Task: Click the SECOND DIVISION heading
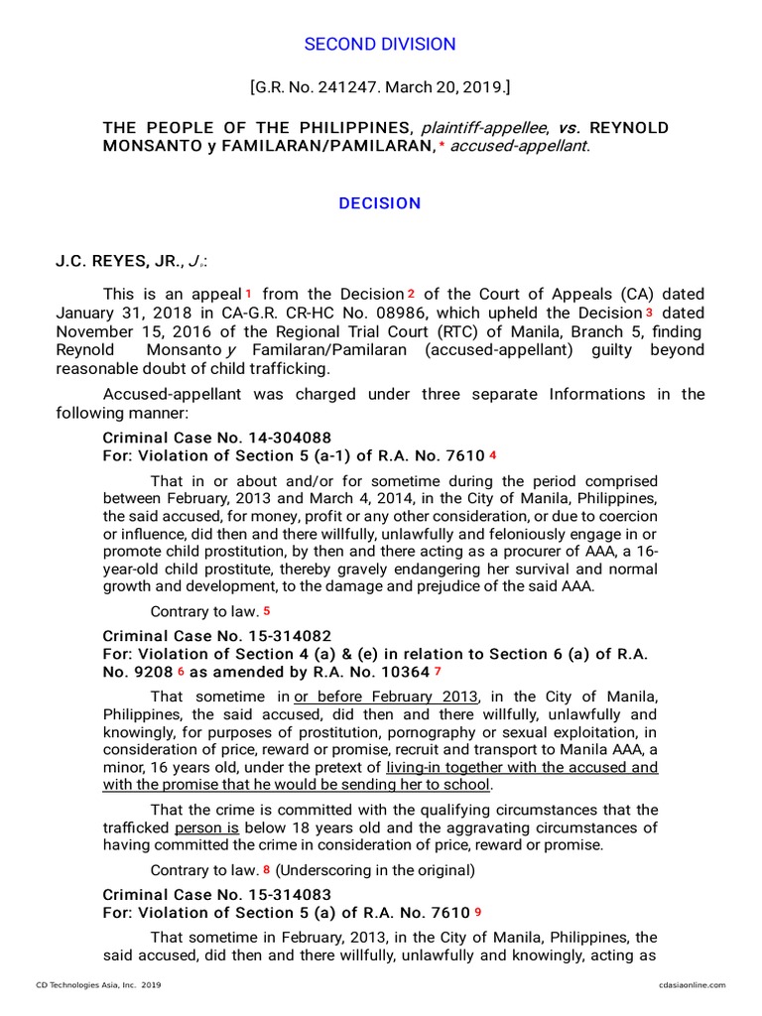(x=380, y=44)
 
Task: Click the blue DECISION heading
(x=380, y=203)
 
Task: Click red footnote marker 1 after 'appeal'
(x=248, y=295)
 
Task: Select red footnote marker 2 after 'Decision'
(x=410, y=295)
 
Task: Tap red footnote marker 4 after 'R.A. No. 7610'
(x=492, y=455)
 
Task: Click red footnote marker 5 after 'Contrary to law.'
(x=266, y=611)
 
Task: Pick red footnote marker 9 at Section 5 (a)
(x=478, y=913)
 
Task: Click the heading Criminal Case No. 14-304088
(x=217, y=438)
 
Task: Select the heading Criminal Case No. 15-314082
(x=217, y=635)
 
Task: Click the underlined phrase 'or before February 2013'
(x=386, y=697)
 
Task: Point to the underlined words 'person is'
(x=206, y=827)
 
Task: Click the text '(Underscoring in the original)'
(x=375, y=871)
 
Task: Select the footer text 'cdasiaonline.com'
(x=692, y=984)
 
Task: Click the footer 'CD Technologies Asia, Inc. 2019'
(x=98, y=984)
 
